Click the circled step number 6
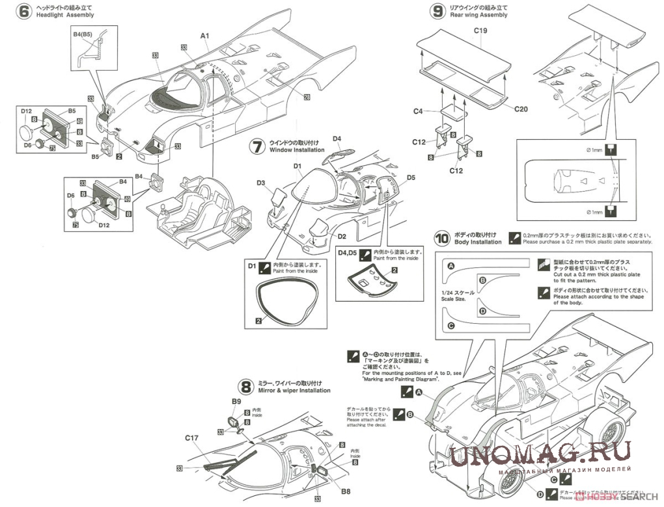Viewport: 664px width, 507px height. tap(24, 11)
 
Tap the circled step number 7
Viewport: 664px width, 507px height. tap(258, 146)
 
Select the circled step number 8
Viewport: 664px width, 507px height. tap(245, 387)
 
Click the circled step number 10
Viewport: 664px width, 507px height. tap(442, 238)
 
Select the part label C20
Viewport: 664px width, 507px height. tap(520, 109)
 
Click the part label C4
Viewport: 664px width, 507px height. tap(419, 111)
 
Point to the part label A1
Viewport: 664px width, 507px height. tap(204, 35)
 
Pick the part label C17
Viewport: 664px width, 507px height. tap(191, 438)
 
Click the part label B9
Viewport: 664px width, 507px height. tap(236, 401)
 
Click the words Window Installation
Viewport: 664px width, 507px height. tap(297, 150)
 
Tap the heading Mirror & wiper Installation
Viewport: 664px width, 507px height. tap(295, 391)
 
